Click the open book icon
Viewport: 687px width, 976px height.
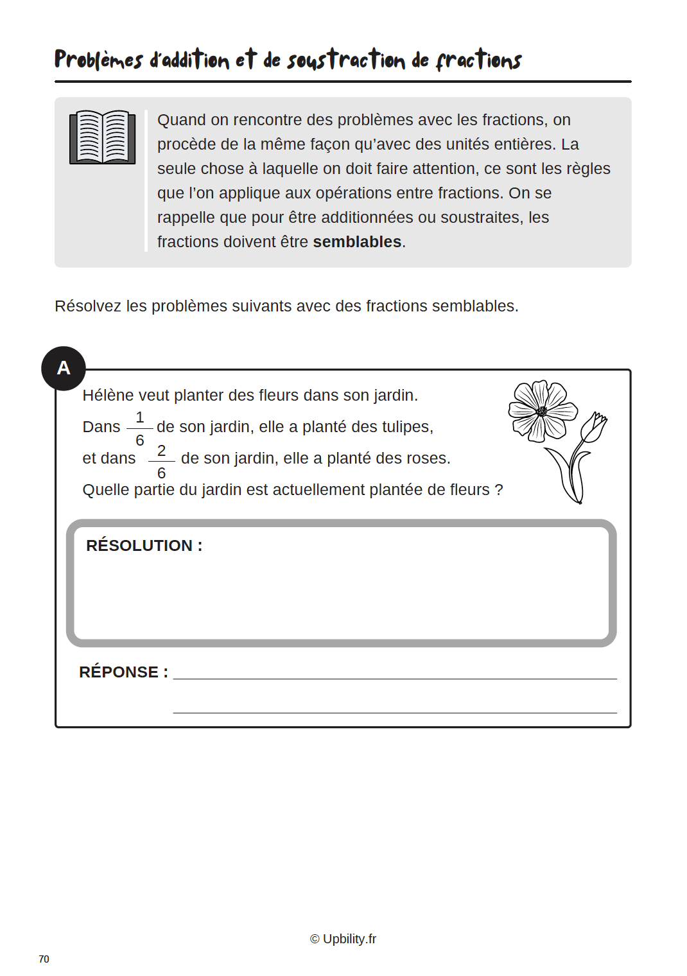[103, 137]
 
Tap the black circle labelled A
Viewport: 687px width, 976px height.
[64, 368]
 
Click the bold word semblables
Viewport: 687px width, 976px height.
[357, 242]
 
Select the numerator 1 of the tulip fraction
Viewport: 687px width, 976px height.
[140, 417]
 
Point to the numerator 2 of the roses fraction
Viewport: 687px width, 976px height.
[162, 451]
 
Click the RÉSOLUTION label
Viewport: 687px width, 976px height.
[144, 546]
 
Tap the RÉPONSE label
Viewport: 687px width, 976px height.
[123, 672]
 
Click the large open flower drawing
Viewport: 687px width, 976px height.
[542, 411]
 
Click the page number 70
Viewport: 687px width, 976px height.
[44, 959]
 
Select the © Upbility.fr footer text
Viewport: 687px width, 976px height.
[343, 939]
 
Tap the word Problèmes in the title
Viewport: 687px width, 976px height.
[98, 60]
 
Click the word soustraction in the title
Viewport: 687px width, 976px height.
[346, 60]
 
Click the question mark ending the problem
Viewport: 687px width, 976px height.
[498, 490]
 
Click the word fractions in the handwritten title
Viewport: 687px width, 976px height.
[478, 60]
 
